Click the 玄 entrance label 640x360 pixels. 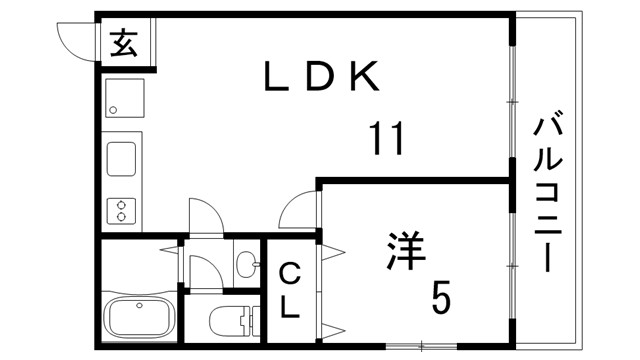pos(123,44)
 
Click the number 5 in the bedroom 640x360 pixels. pos(441,296)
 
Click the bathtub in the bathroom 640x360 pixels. pos(139,317)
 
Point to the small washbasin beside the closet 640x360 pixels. pos(246,264)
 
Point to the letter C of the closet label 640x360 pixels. pos(289,273)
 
